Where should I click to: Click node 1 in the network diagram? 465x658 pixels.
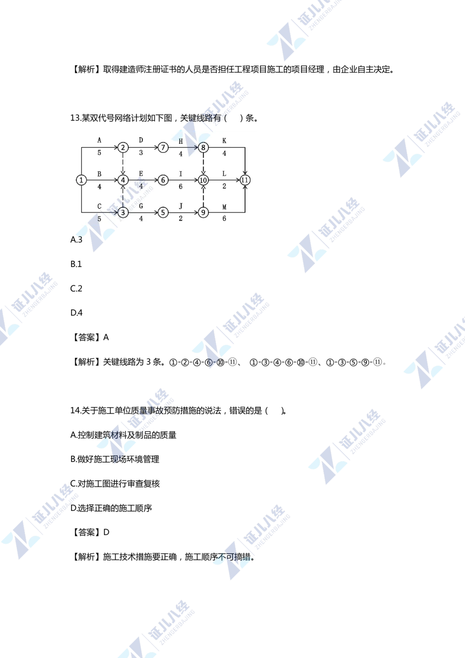point(81,180)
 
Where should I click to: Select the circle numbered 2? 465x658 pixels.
point(123,148)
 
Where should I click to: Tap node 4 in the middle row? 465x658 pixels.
point(123,180)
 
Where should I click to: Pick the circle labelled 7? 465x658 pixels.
point(163,148)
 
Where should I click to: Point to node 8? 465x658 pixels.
point(203,148)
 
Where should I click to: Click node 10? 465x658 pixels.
point(203,180)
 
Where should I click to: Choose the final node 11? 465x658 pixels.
point(245,180)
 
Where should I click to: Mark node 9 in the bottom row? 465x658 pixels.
point(203,212)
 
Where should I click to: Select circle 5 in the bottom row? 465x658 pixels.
point(163,212)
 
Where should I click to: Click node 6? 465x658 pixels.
point(163,180)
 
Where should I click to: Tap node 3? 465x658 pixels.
point(123,212)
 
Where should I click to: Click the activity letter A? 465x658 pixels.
point(99,140)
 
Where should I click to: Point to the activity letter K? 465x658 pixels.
point(224,141)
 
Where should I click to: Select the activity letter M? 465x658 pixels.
point(224,207)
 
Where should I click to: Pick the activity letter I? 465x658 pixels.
point(181,174)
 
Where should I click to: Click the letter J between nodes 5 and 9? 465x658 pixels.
point(181,206)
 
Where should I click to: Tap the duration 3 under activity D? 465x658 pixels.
point(141,153)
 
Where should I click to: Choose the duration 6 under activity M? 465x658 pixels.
point(224,218)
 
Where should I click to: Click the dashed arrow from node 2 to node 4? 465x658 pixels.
point(123,163)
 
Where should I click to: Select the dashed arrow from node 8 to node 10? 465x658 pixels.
point(203,163)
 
